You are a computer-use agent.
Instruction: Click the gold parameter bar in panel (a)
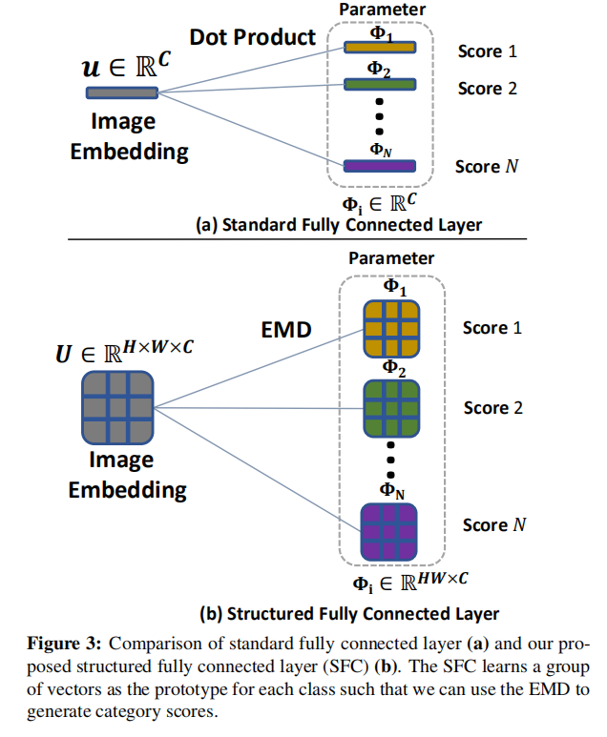[379, 47]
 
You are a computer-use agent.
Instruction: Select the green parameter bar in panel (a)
[379, 85]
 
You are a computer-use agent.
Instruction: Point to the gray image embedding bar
[121, 92]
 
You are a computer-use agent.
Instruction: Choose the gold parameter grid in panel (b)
[389, 330]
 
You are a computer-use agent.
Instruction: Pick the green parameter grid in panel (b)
[389, 410]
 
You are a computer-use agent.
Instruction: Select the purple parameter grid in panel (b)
[389, 531]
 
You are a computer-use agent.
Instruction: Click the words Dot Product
[252, 37]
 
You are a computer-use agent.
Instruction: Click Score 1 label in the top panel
[487, 51]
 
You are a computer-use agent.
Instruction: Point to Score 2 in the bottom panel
[493, 408]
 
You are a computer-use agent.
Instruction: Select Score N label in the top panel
[487, 167]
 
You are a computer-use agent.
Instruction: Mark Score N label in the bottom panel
[494, 525]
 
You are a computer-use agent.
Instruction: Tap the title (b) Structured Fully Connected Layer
[349, 613]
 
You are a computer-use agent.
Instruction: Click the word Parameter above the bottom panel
[391, 257]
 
